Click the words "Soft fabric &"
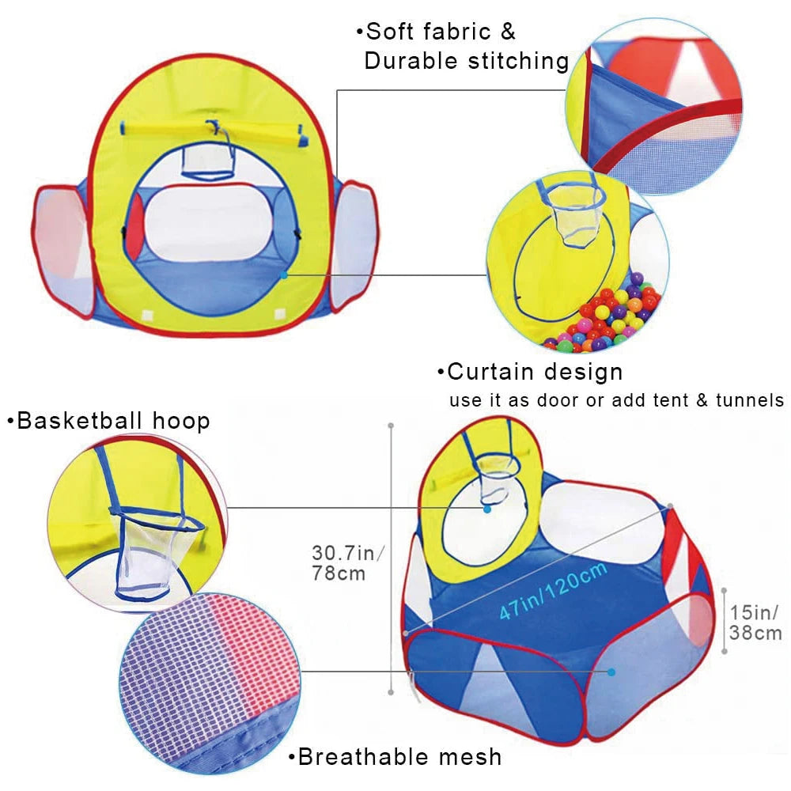pyautogui.click(x=440, y=32)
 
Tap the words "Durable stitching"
pyautogui.click(x=467, y=62)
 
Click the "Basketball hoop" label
pyautogui.click(x=113, y=420)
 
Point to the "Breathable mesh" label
pyautogui.click(x=399, y=757)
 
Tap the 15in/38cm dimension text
pyautogui.click(x=755, y=622)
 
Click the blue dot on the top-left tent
pyautogui.click(x=284, y=274)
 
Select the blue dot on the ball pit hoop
pyautogui.click(x=487, y=509)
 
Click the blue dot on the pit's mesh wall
pyautogui.click(x=611, y=672)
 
